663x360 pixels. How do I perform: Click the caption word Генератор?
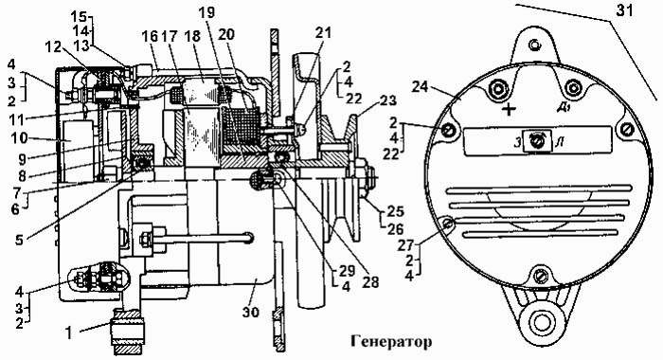point(390,341)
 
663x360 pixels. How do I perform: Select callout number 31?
point(624,10)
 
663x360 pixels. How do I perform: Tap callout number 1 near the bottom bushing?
point(69,333)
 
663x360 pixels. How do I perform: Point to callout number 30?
point(251,313)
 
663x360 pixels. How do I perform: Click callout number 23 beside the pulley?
point(386,101)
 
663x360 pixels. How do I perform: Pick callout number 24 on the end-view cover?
point(420,88)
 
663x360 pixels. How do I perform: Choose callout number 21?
point(323,32)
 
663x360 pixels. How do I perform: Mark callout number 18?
point(192,37)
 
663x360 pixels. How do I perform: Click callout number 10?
point(20,139)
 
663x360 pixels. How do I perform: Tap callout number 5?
point(20,240)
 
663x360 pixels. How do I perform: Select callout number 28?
point(370,282)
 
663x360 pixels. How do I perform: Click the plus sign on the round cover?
point(510,110)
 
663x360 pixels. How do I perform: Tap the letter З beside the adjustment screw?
point(517,142)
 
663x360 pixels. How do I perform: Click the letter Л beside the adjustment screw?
point(560,142)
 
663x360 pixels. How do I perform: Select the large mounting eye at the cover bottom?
point(542,323)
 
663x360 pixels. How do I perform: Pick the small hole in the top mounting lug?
point(536,44)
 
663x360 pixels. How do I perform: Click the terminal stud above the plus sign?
point(497,89)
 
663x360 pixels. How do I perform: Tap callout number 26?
point(395,229)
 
